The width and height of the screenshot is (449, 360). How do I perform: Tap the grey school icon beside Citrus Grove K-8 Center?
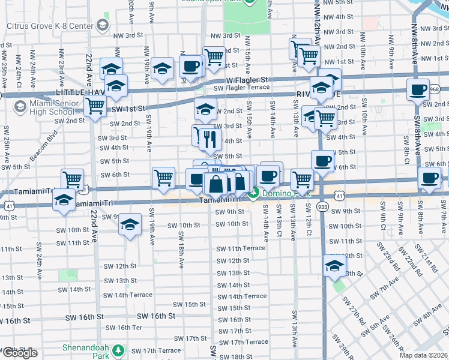102,25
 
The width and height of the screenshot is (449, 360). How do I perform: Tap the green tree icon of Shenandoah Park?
119,349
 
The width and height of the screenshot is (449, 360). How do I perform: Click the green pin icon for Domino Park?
255,193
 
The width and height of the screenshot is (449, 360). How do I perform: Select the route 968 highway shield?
435,89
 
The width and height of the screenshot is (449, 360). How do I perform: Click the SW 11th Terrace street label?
241,248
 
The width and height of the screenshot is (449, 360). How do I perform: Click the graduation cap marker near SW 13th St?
334,266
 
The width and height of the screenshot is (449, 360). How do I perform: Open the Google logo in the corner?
20,353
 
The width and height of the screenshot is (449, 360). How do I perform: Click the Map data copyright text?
423,356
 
